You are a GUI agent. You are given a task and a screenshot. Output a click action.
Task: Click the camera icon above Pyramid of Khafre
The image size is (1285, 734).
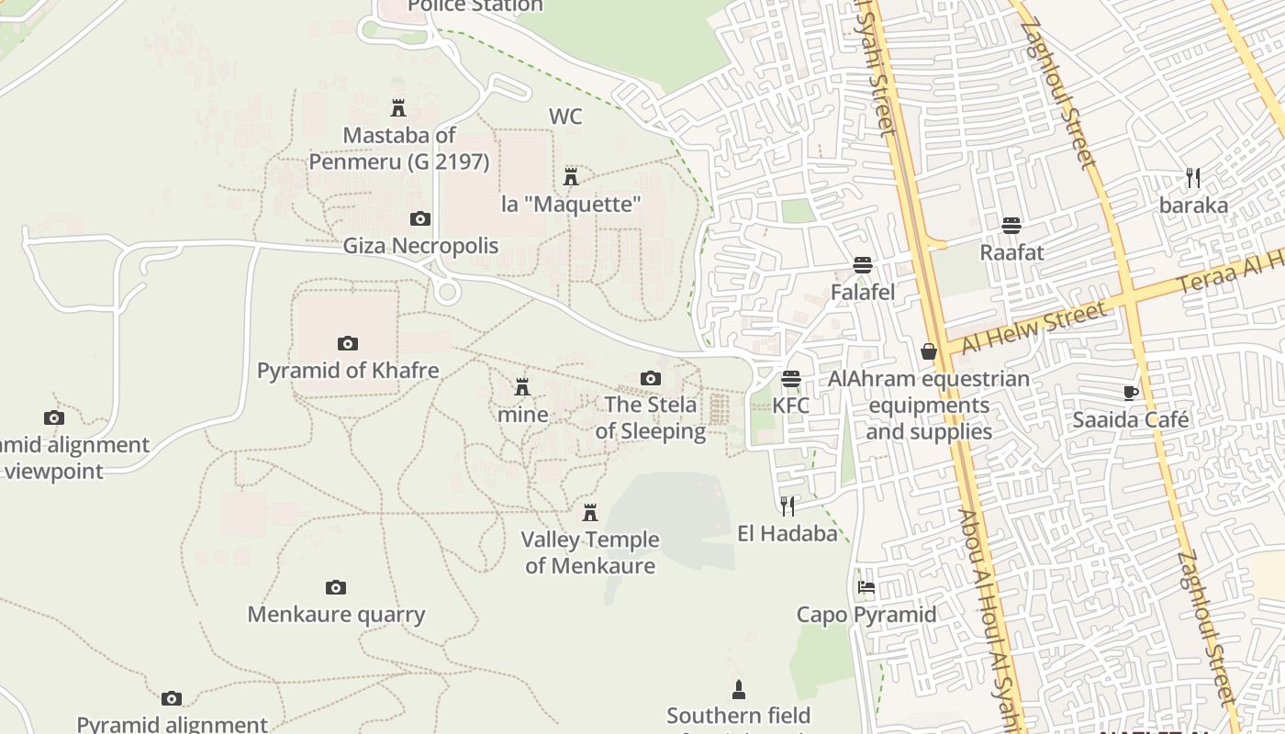tap(347, 343)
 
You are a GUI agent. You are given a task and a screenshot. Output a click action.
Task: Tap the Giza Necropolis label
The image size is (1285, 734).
tap(420, 246)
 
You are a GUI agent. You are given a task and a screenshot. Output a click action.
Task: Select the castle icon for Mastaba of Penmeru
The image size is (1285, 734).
tap(398, 108)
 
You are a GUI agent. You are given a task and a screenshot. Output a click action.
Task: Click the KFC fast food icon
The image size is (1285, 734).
tap(790, 379)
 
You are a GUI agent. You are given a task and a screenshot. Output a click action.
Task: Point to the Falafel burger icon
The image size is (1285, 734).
tap(862, 265)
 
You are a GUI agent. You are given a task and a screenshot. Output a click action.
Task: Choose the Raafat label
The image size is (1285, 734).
tap(1011, 251)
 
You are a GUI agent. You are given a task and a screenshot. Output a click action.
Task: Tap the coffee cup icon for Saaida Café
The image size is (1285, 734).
tap(1131, 393)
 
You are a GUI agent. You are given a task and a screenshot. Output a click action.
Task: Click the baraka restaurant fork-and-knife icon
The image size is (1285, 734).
tap(1192, 178)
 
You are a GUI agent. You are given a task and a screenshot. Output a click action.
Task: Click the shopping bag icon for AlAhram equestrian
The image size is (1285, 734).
tap(929, 351)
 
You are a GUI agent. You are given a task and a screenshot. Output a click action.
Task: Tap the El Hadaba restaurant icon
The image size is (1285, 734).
tap(787, 506)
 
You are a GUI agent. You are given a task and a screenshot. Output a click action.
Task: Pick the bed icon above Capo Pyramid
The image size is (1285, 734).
tap(866, 587)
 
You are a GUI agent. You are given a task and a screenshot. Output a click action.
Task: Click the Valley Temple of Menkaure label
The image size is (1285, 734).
tap(590, 552)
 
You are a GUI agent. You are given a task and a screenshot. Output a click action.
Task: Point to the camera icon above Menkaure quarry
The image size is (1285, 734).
tap(336, 587)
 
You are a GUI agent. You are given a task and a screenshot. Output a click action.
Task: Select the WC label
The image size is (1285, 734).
tap(565, 117)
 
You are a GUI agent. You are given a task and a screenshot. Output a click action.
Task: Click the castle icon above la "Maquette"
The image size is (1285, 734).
tap(571, 176)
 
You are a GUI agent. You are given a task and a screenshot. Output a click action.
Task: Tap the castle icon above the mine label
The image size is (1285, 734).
tap(522, 386)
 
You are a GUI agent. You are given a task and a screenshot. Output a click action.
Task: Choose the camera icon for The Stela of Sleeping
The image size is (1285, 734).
tap(650, 378)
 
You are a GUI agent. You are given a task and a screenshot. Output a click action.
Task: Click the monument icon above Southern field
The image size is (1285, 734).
tap(738, 688)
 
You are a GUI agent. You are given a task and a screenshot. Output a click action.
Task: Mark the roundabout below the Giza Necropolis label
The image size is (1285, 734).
tap(447, 293)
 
